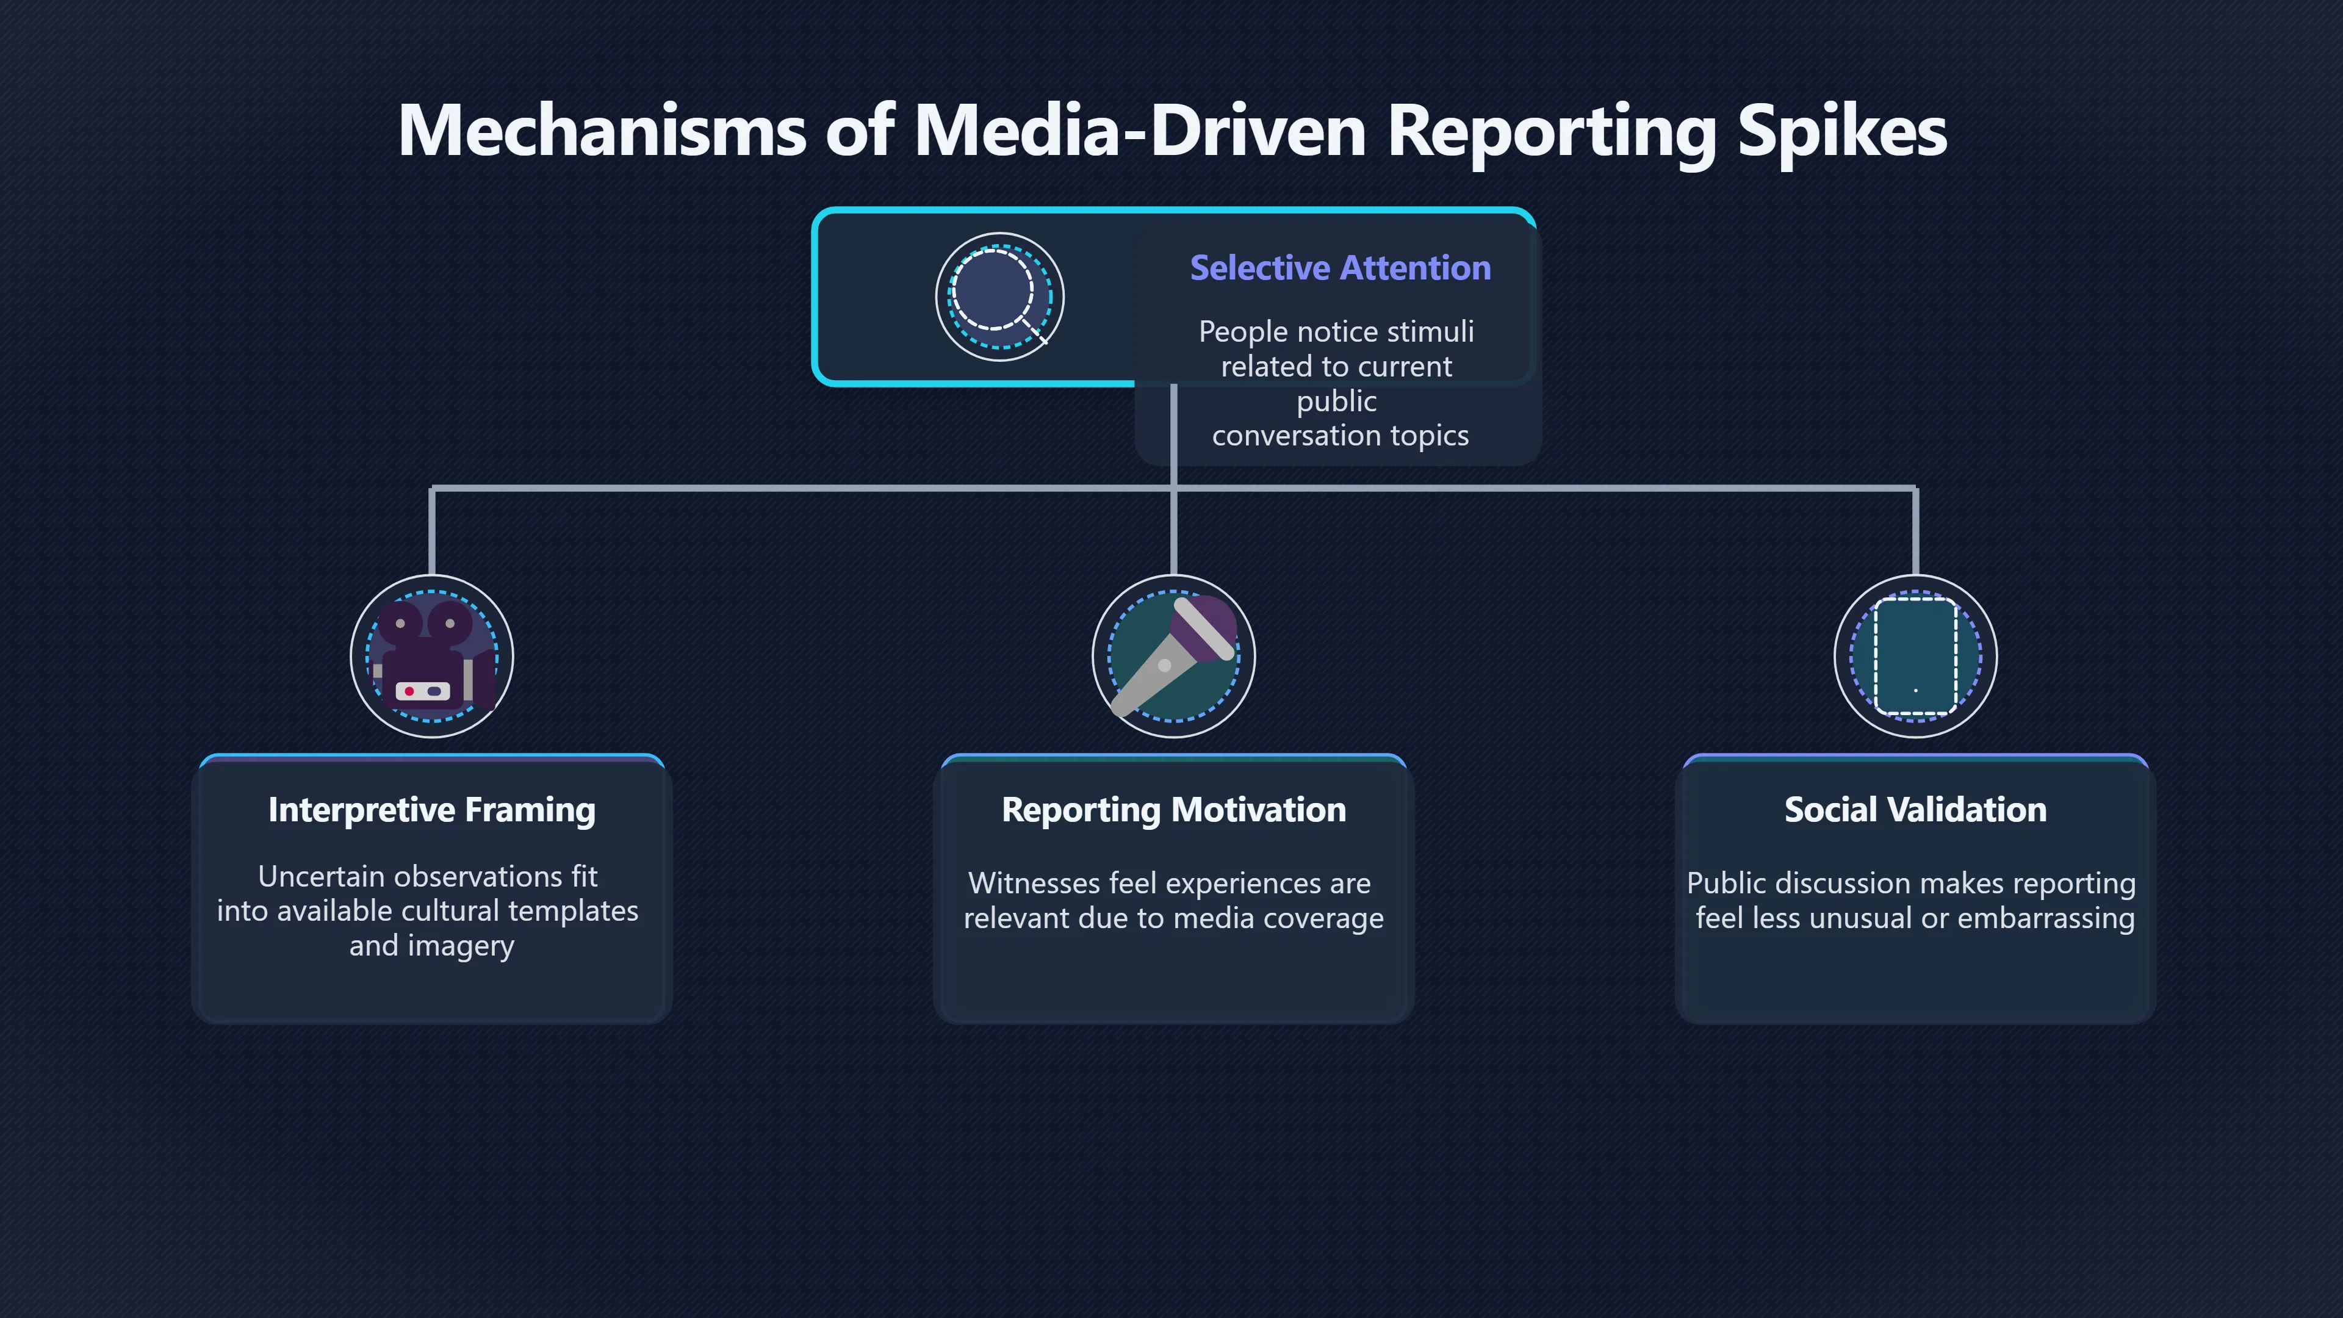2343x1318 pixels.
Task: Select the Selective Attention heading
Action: tap(1340, 267)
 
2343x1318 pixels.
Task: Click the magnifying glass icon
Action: tap(999, 297)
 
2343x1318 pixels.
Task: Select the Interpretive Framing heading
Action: tap(432, 810)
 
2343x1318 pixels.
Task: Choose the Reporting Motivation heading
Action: tap(1173, 810)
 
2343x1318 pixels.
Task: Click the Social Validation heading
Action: tap(1915, 810)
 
